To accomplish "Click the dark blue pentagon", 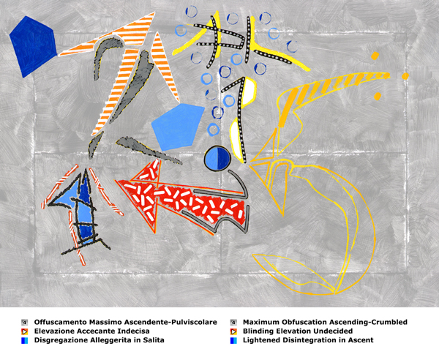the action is tap(33, 46).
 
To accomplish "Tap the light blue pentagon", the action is tap(178, 127).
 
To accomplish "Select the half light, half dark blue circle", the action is tap(217, 158).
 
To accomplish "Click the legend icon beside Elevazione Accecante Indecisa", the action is tap(25, 331).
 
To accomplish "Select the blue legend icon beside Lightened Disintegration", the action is tap(233, 341).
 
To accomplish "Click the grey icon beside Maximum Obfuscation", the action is tap(233, 322).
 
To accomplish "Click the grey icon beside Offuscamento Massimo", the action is tap(25, 322).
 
